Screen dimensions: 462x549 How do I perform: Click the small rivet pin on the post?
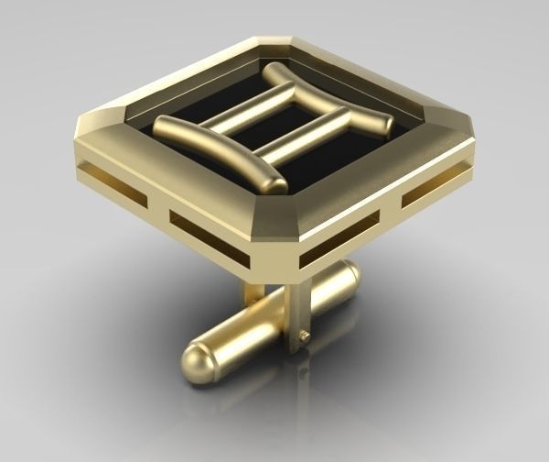point(304,336)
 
